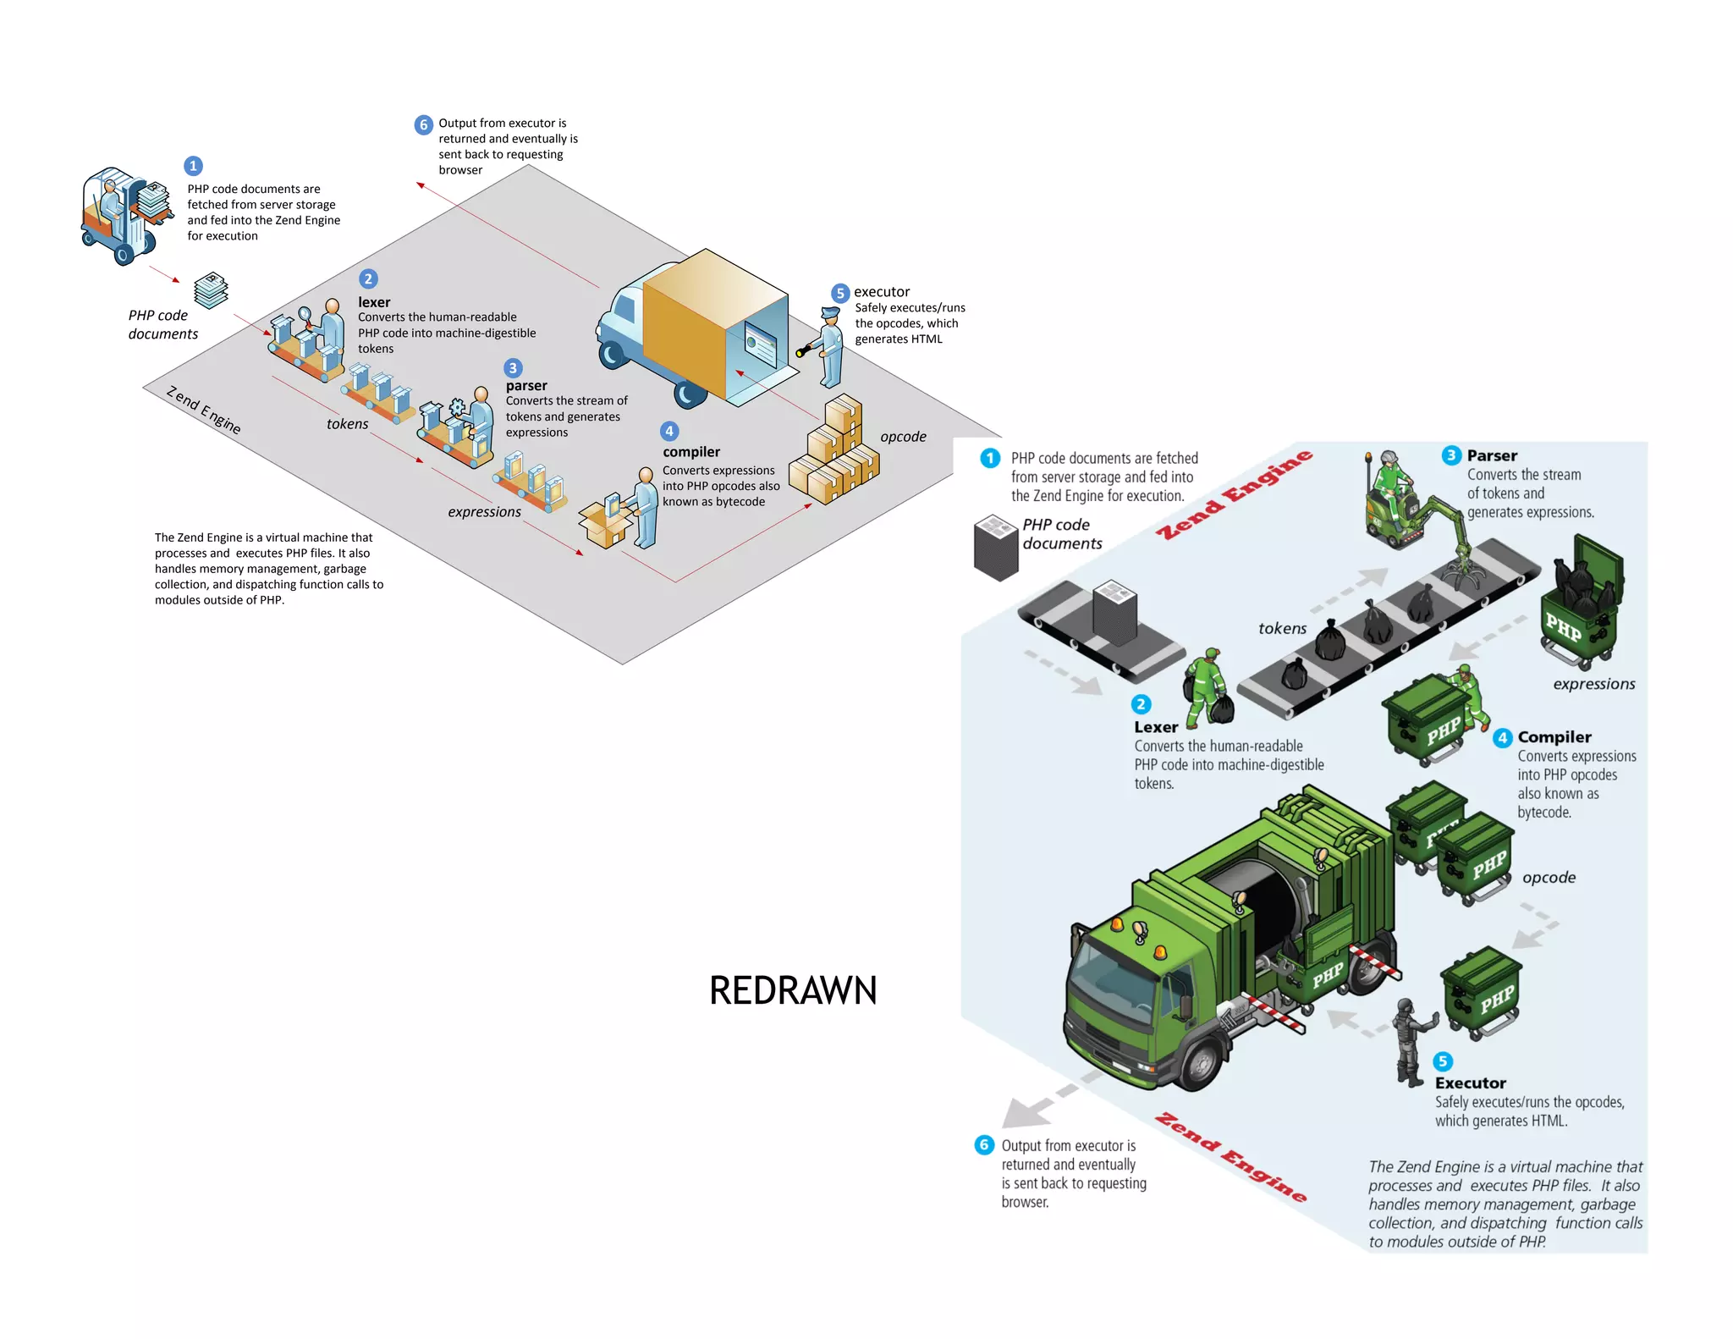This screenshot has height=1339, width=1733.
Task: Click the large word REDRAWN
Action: (x=793, y=990)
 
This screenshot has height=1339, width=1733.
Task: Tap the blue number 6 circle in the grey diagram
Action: (x=423, y=125)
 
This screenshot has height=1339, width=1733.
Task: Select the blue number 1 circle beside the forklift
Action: (x=193, y=166)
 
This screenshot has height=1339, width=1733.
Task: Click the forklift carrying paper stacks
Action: (x=123, y=216)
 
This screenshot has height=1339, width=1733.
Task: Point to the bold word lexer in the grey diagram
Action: (x=374, y=302)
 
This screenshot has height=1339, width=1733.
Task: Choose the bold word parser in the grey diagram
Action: (x=526, y=386)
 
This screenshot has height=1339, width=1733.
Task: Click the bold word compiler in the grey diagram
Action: (x=691, y=452)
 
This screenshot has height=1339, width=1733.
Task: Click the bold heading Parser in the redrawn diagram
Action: (x=1492, y=455)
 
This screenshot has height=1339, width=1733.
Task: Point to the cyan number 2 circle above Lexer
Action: (x=1141, y=704)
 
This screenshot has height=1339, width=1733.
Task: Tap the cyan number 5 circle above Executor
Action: (x=1443, y=1061)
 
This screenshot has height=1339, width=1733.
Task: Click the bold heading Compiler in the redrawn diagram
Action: (x=1554, y=737)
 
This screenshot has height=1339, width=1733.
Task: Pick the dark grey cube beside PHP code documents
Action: (x=996, y=548)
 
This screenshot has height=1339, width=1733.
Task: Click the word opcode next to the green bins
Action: (x=1549, y=878)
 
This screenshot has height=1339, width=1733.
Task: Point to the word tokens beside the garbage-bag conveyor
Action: (x=1282, y=628)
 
